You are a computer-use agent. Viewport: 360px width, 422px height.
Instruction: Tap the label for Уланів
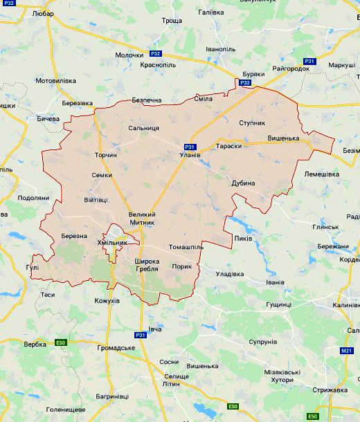pyautogui.click(x=190, y=155)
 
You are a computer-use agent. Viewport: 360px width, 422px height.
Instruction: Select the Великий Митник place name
pyautogui.click(x=142, y=219)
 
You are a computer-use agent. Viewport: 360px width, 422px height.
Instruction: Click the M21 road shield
pyautogui.click(x=347, y=351)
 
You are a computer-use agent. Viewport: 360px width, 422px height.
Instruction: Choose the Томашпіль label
pyautogui.click(x=186, y=247)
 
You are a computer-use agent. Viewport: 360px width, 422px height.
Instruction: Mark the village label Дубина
pyautogui.click(x=244, y=183)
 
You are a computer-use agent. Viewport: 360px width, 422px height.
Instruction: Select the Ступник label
pyautogui.click(x=251, y=122)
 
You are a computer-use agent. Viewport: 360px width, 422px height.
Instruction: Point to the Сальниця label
pyautogui.click(x=144, y=129)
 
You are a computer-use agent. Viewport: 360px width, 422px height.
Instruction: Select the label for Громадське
pyautogui.click(x=116, y=347)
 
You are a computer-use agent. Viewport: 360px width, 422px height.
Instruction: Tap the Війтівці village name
pyautogui.click(x=96, y=200)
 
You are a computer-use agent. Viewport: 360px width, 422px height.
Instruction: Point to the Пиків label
pyautogui.click(x=244, y=239)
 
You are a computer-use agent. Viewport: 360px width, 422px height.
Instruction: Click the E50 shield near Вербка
pyautogui.click(x=61, y=342)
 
